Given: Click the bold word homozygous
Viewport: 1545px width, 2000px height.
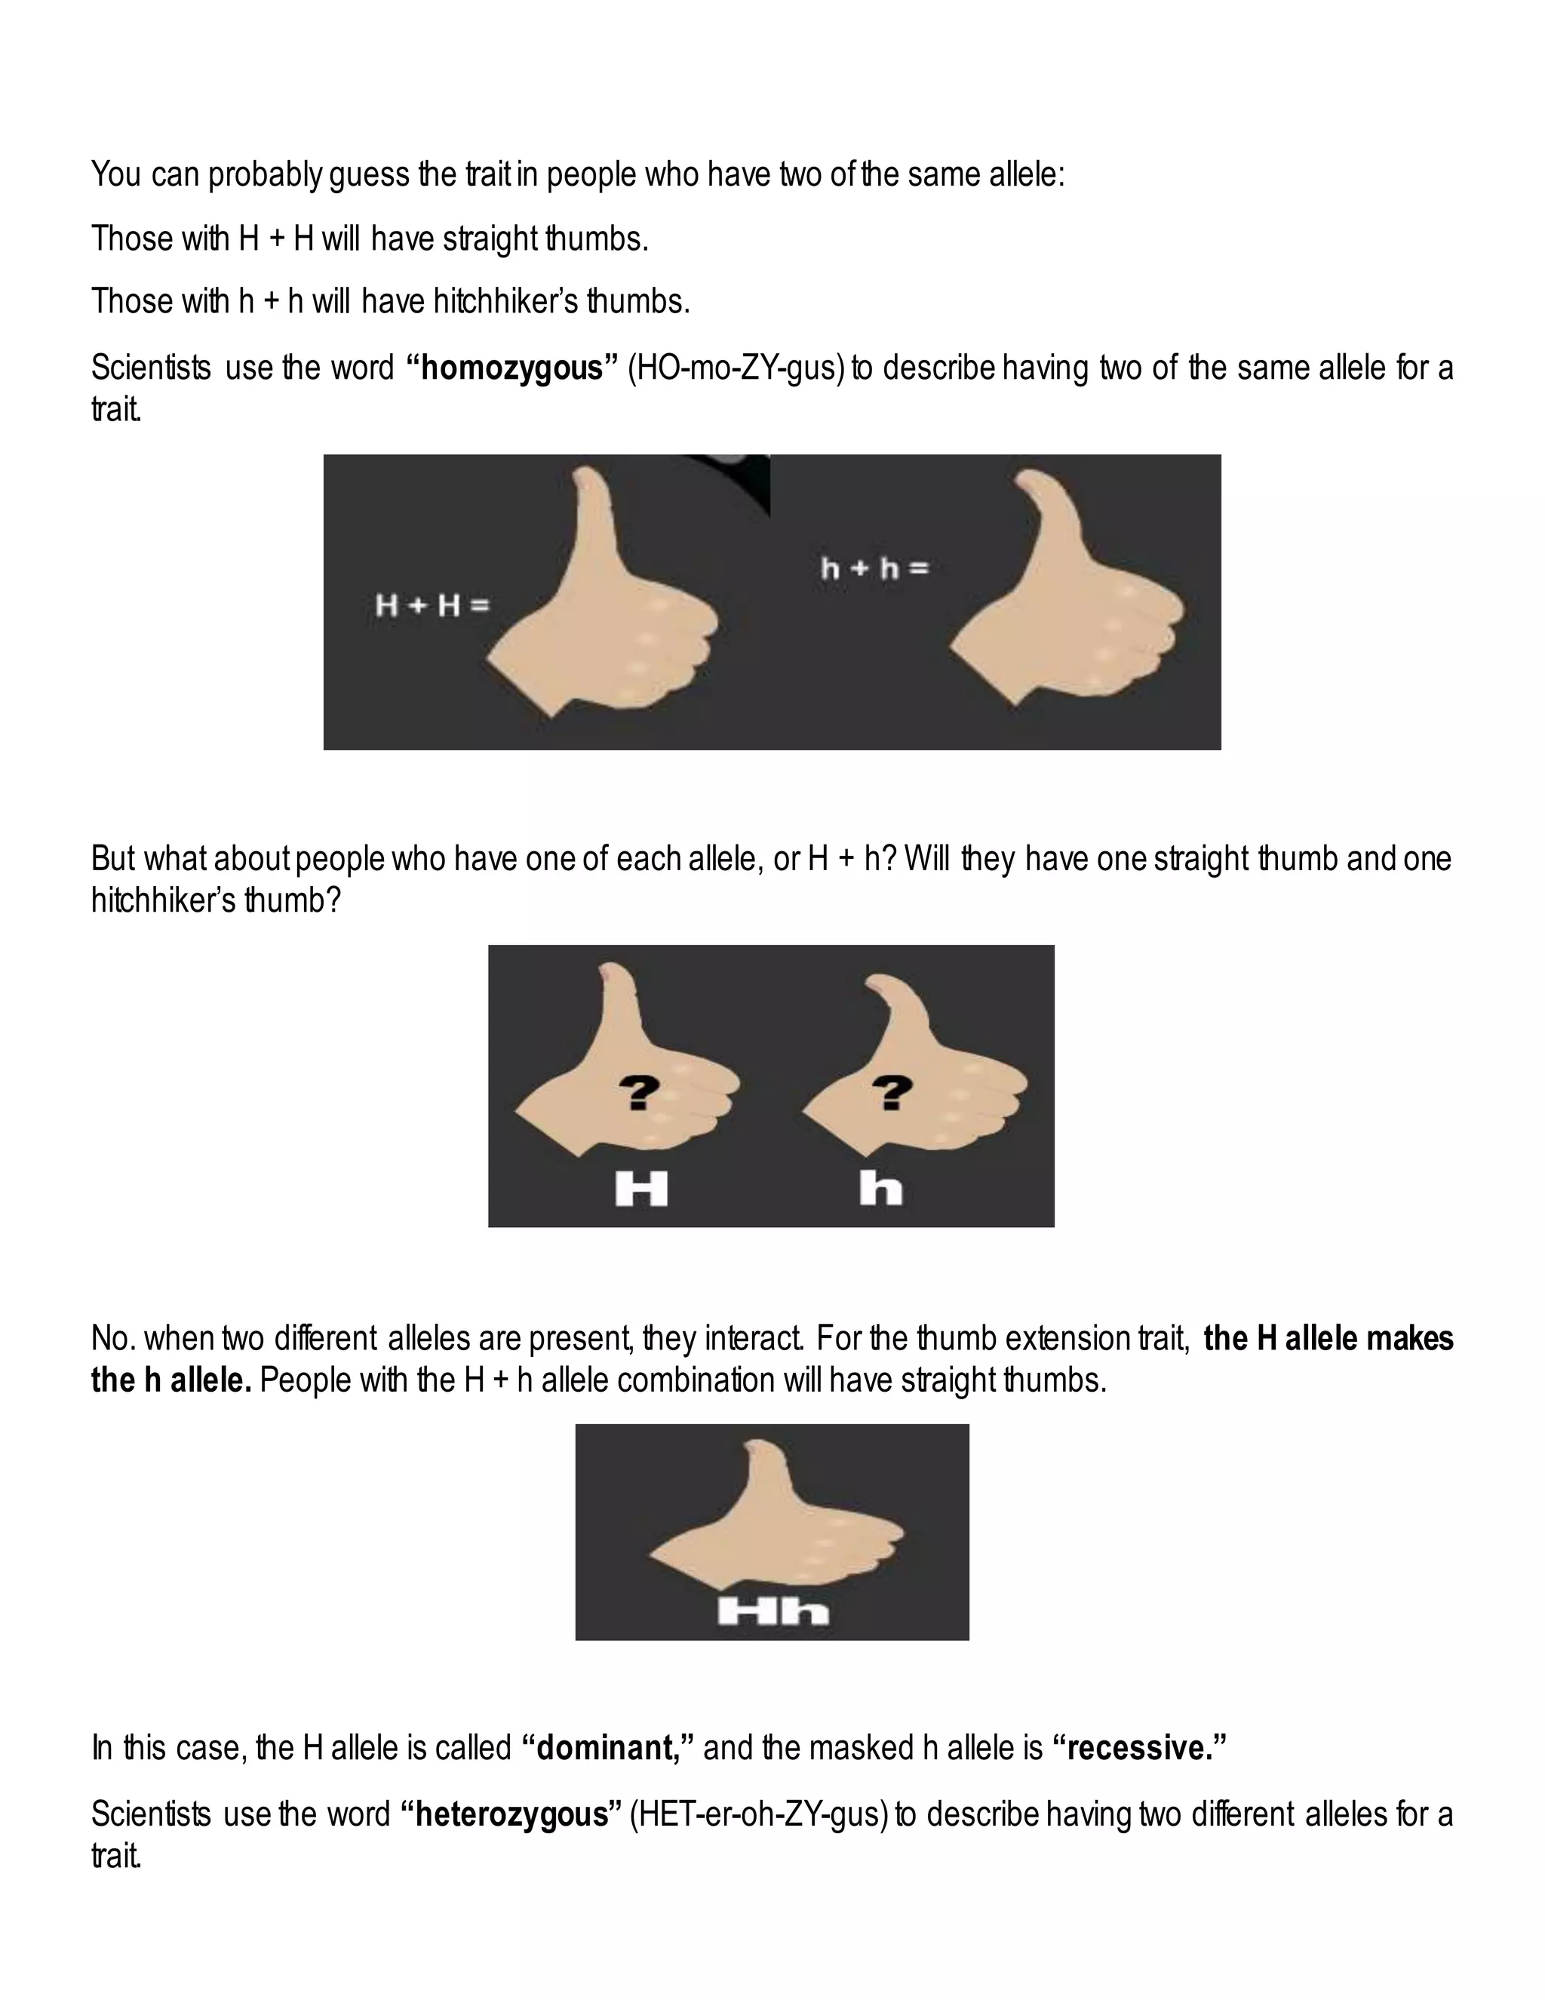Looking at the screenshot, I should (x=511, y=368).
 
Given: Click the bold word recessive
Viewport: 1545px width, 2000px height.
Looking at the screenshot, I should (x=1140, y=1748).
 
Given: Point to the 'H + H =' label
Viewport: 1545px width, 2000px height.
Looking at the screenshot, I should (x=432, y=605).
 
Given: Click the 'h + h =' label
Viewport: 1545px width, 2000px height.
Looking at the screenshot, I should (x=875, y=569).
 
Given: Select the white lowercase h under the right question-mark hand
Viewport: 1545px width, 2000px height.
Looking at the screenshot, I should (x=880, y=1189).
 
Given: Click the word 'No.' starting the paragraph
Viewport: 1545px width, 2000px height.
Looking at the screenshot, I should (x=113, y=1339).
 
